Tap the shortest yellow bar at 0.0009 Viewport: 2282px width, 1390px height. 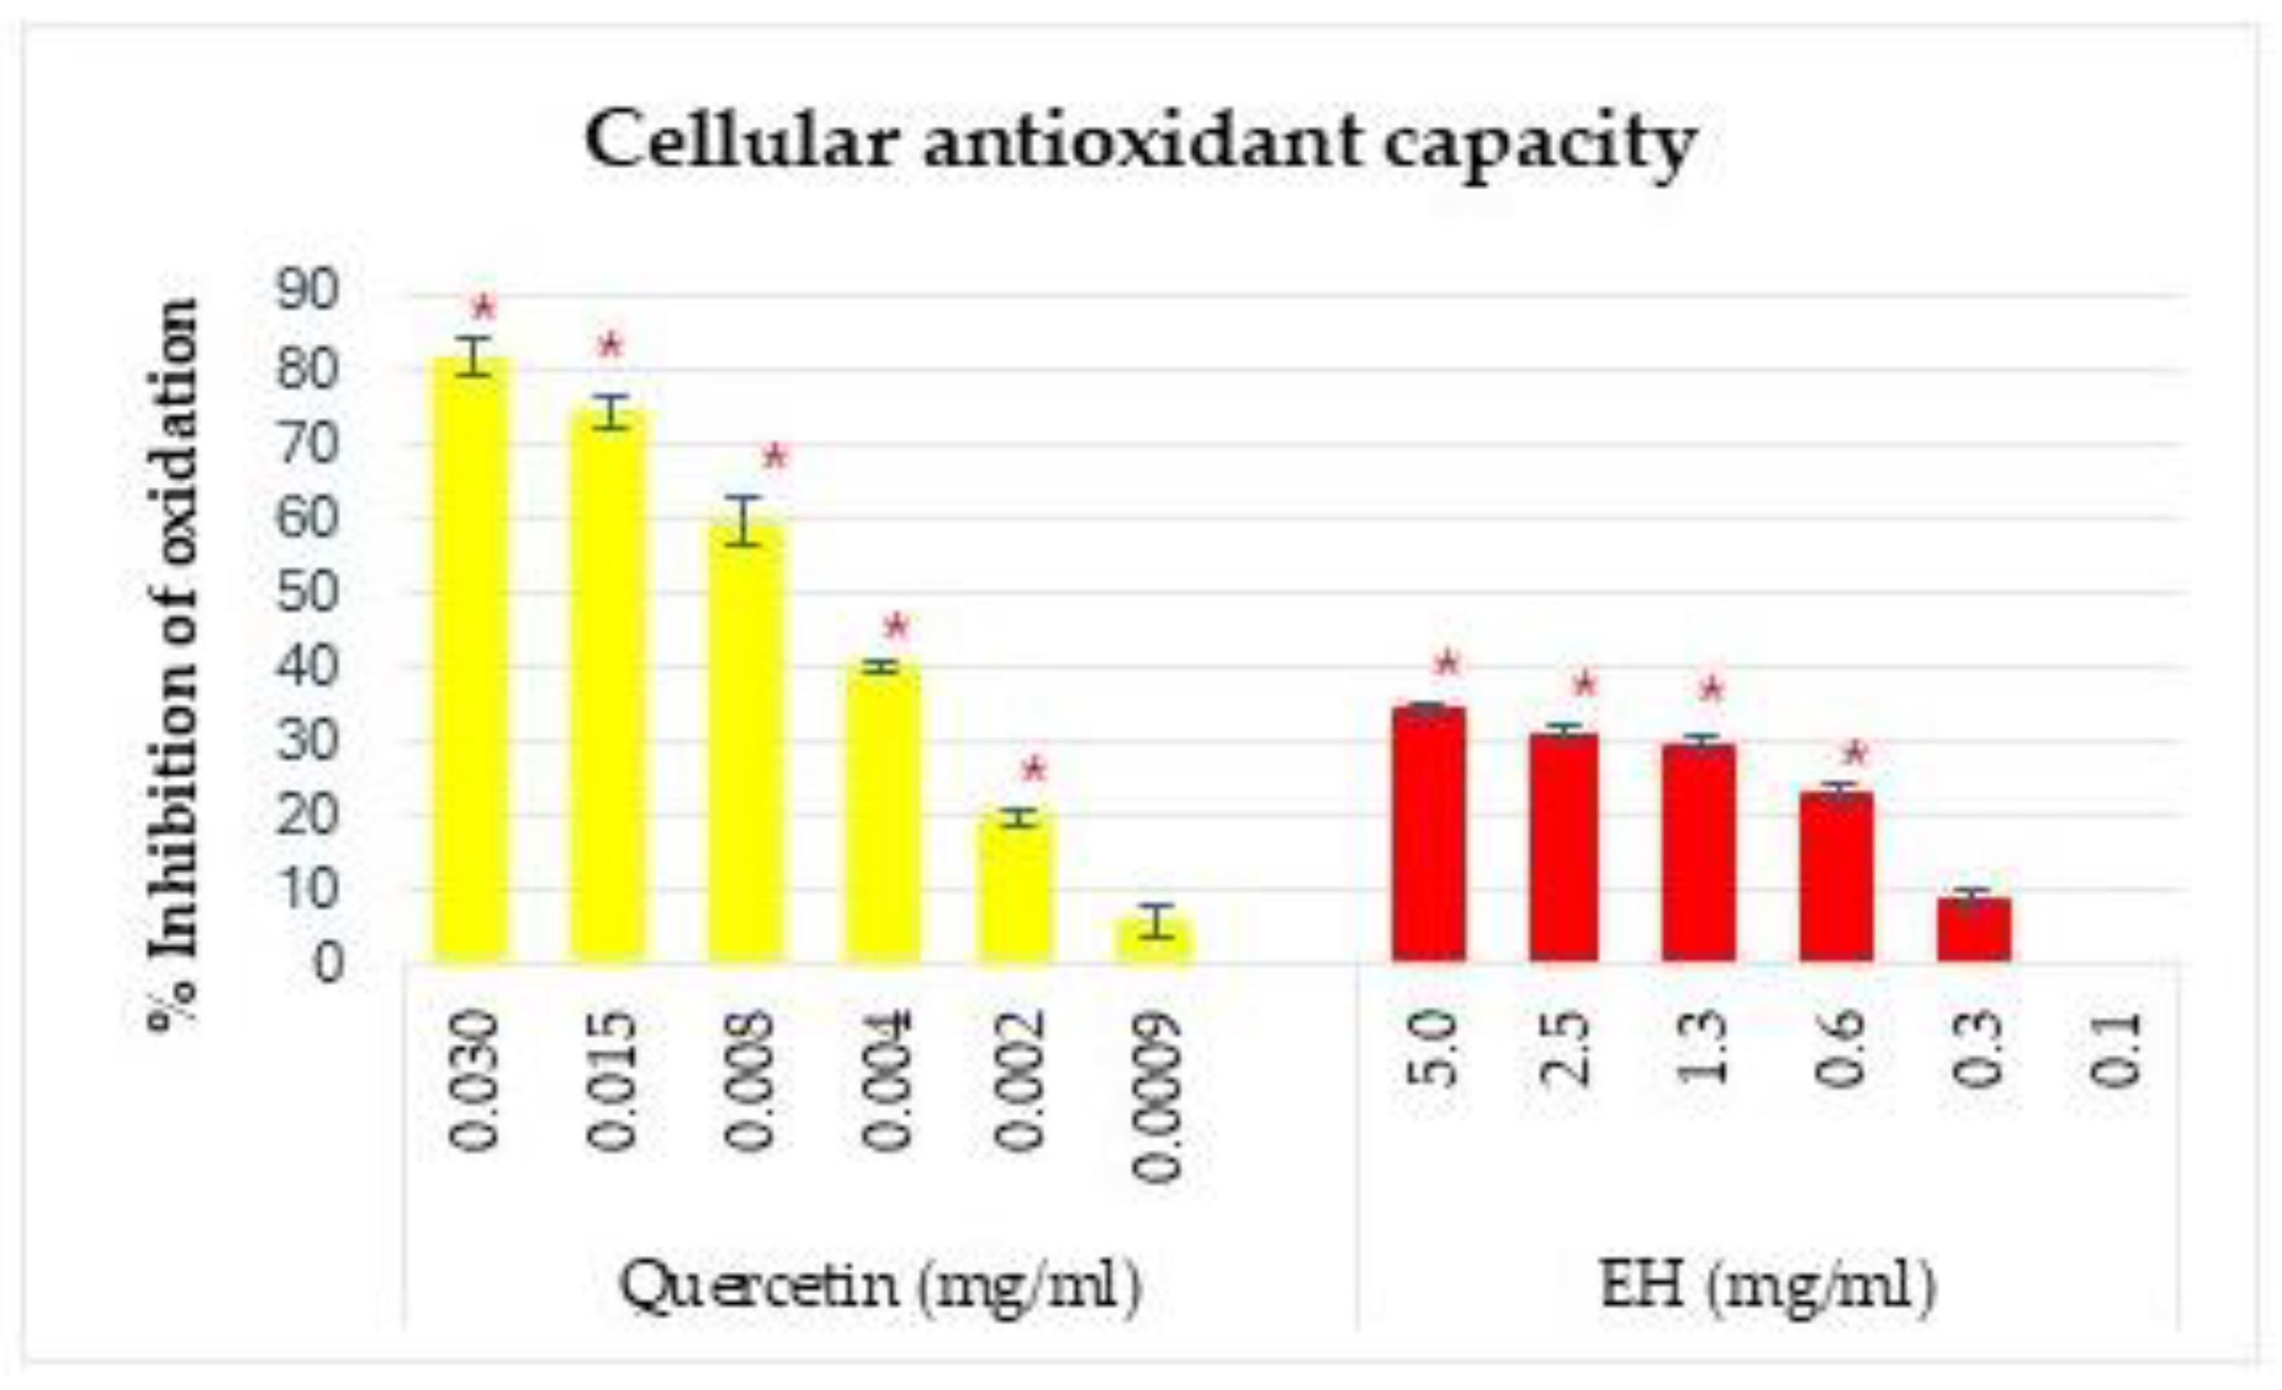point(1155,941)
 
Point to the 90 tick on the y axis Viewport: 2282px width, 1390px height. point(307,293)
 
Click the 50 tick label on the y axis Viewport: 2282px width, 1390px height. point(307,592)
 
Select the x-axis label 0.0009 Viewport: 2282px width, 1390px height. point(1157,1097)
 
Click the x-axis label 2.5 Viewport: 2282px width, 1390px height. point(1565,1049)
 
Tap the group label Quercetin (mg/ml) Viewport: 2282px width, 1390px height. point(880,1286)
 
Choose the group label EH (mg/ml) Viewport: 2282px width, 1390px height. point(1767,1286)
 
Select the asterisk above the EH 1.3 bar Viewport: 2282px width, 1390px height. point(1712,691)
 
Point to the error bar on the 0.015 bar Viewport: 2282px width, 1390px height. point(611,411)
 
